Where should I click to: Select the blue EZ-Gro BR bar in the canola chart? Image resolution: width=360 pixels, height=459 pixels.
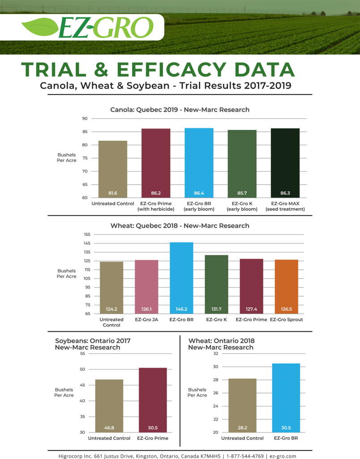point(199,161)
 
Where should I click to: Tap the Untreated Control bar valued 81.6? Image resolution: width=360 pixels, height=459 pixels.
point(113,168)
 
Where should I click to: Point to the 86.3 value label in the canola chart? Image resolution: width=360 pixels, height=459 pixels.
point(285,193)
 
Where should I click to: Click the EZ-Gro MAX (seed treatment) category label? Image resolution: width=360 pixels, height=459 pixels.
point(285,207)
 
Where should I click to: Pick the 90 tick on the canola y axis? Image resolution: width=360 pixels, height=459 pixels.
point(84,119)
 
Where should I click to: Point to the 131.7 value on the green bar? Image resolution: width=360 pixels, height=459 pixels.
point(216,309)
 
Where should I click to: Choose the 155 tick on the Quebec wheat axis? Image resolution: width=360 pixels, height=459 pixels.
point(87,234)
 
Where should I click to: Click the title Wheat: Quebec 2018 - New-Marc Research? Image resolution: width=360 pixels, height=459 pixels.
point(180,225)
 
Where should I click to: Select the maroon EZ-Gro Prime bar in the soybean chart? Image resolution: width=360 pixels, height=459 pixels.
point(153,399)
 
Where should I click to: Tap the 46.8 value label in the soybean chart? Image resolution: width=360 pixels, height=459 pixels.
point(109,428)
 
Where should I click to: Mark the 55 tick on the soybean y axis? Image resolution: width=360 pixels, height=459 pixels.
point(82,354)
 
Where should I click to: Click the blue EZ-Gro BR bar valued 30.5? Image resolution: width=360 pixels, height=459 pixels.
point(286,397)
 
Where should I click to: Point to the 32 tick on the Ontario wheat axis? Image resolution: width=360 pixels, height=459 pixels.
point(215,354)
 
